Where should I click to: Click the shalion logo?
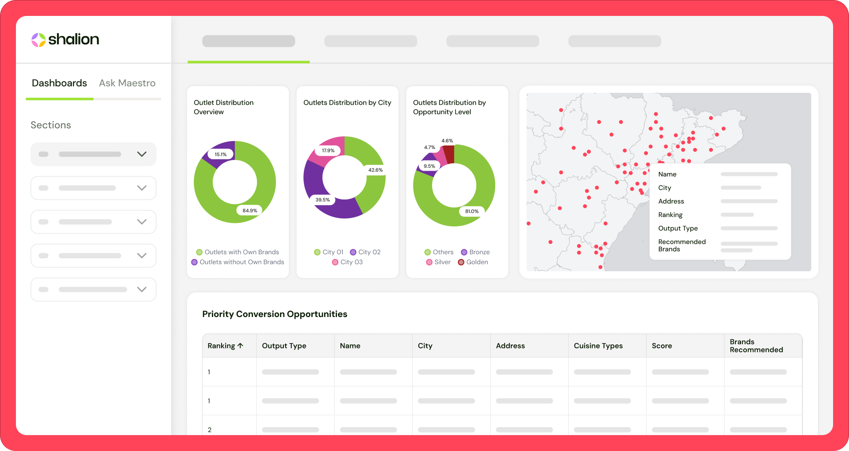coord(65,39)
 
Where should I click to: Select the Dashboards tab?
coord(59,83)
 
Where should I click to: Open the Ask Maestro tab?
coord(127,83)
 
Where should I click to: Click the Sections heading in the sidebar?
coord(51,125)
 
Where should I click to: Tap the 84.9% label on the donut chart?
coord(250,210)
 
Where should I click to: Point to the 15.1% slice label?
coord(221,154)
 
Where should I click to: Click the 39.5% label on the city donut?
coord(323,200)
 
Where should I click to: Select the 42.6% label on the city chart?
coord(375,170)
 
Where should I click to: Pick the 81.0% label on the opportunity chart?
coord(472,211)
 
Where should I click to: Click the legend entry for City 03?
coord(348,262)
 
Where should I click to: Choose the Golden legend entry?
coord(473,262)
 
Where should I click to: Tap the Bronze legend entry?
coord(475,252)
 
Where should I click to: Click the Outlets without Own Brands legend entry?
coord(238,262)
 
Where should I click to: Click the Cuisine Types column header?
coord(598,346)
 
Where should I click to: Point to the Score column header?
coord(662,346)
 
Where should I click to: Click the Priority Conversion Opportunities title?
coord(275,314)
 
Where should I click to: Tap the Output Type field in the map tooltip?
coord(678,228)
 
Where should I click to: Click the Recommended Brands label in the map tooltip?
coord(682,245)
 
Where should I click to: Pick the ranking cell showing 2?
coord(210,430)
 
